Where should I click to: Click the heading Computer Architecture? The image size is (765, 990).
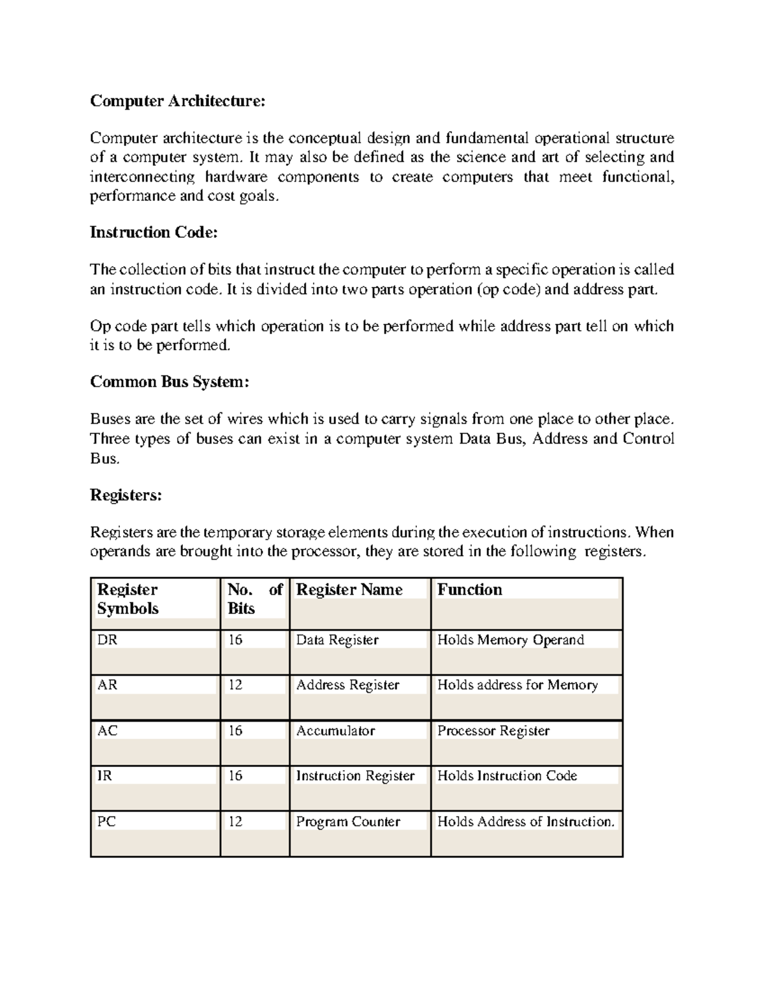tap(177, 101)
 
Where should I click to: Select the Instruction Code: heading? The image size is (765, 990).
tap(154, 233)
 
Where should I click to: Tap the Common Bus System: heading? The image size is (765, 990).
tap(169, 382)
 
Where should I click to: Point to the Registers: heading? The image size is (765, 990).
tap(126, 495)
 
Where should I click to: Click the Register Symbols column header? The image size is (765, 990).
tap(127, 599)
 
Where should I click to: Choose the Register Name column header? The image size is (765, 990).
tap(349, 590)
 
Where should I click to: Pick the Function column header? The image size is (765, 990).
tap(470, 590)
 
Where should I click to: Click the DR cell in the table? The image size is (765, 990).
tap(107, 640)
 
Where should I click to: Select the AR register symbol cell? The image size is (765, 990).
tap(107, 685)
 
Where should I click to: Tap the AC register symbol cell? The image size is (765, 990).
tap(107, 731)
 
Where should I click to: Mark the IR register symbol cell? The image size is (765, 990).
tap(105, 776)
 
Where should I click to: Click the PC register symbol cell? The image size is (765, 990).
tap(106, 822)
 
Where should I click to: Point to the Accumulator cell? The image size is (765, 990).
tap(335, 731)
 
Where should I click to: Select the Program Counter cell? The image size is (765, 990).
tap(348, 822)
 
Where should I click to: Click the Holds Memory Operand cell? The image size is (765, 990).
tap(511, 640)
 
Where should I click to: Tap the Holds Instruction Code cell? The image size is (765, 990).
tap(507, 776)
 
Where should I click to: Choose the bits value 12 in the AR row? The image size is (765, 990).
tap(235, 685)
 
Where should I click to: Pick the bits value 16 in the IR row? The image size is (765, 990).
tap(235, 776)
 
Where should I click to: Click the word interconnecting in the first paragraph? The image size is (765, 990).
tap(142, 177)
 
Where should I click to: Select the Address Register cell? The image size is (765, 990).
tap(347, 685)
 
